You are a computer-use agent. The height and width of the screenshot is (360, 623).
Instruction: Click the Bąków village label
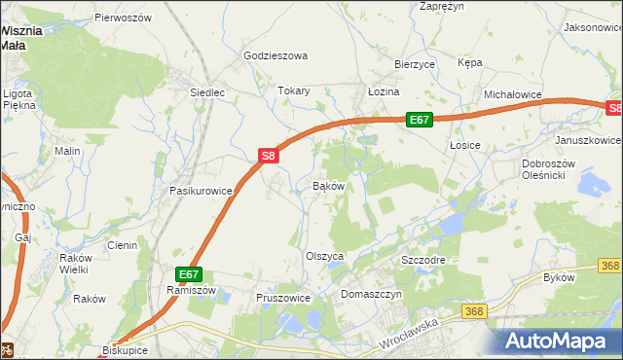pyautogui.click(x=328, y=186)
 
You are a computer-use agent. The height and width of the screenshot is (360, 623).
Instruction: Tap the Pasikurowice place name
pyautogui.click(x=202, y=191)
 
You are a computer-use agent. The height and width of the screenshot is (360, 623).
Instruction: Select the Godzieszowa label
pyautogui.click(x=275, y=55)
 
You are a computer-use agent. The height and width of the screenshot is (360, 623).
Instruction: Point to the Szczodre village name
pyautogui.click(x=423, y=262)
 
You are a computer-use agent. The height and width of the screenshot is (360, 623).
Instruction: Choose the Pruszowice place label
pyautogui.click(x=282, y=298)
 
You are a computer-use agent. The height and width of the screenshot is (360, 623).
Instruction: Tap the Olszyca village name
pyautogui.click(x=326, y=256)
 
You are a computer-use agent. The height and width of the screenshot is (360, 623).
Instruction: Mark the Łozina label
pyautogui.click(x=384, y=91)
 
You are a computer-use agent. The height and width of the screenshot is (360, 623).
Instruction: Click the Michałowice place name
pyautogui.click(x=513, y=94)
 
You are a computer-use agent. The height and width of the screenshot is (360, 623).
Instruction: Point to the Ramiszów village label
pyautogui.click(x=189, y=291)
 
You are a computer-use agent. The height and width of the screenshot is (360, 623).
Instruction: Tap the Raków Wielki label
pyautogui.click(x=74, y=263)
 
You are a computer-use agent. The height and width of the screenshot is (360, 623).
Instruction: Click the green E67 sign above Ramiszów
pyautogui.click(x=189, y=275)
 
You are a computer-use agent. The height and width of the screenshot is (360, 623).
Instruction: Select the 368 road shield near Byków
pyautogui.click(x=610, y=266)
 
